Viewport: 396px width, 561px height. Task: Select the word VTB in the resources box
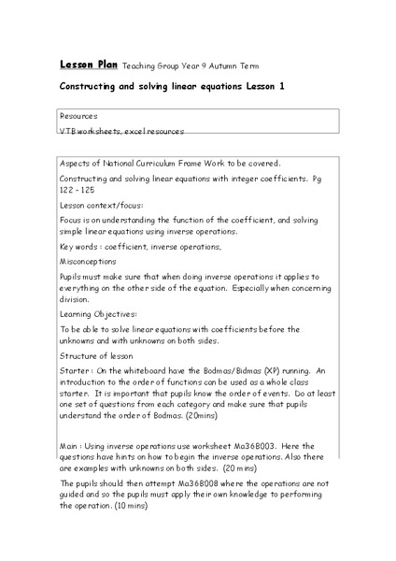tap(68, 132)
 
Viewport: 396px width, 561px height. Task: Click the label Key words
tap(79, 246)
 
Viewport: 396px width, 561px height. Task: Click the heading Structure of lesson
tap(97, 356)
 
